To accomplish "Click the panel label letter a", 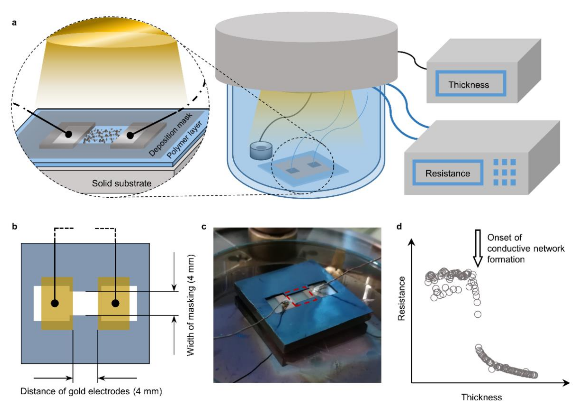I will [x=14, y=23].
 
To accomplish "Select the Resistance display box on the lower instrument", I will [x=448, y=173].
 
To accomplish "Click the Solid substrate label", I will [x=122, y=183].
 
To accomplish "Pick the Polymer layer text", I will [x=185, y=140].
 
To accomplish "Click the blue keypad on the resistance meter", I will [x=504, y=172].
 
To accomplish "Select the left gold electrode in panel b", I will [x=57, y=303].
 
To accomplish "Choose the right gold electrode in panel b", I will [x=114, y=303].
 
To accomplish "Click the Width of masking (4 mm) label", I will [x=191, y=305].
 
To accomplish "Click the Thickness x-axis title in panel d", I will [x=481, y=397].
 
